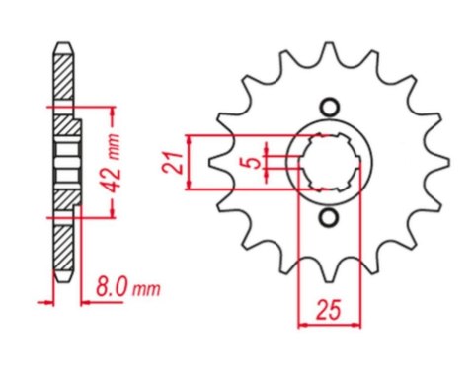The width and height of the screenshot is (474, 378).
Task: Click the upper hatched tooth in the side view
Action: click(x=62, y=79)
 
